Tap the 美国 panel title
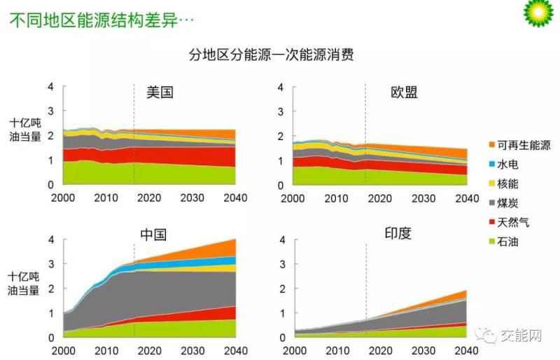[x=160, y=92]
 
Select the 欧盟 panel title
[x=405, y=92]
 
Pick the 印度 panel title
[x=398, y=234]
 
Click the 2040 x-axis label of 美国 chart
[x=234, y=198]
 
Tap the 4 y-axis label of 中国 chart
[x=50, y=240]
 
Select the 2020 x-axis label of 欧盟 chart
[x=379, y=198]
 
